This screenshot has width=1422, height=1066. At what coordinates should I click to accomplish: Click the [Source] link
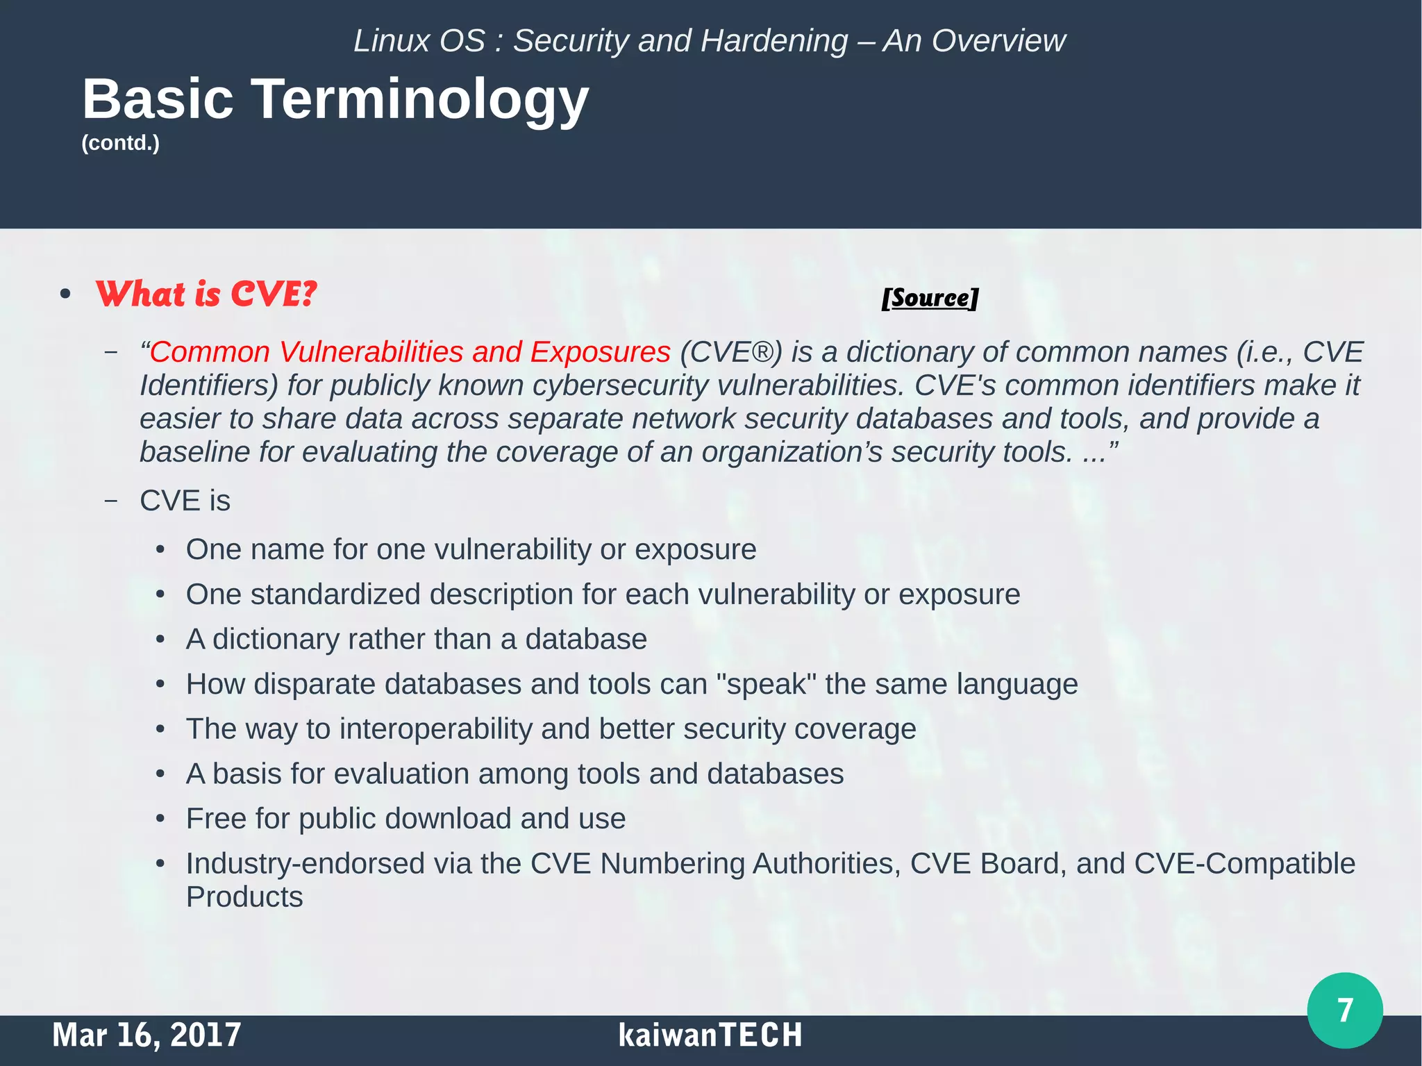(929, 298)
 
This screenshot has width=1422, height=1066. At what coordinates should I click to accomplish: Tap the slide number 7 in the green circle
(1344, 1010)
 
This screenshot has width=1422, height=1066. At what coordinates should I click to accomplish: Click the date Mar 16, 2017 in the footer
(147, 1035)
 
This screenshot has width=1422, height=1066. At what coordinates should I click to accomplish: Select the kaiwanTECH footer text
(710, 1035)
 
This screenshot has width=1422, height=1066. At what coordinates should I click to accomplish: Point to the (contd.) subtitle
(121, 143)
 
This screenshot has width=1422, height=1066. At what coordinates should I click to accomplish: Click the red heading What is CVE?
(206, 294)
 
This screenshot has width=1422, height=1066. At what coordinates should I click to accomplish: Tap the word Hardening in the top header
(774, 41)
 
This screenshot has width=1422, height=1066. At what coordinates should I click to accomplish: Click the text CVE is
(185, 501)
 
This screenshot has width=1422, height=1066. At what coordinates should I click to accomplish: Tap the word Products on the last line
(244, 897)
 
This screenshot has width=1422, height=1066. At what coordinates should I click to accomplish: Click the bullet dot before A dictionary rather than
(160, 640)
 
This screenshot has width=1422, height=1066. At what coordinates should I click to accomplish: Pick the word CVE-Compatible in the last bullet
(1244, 864)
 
